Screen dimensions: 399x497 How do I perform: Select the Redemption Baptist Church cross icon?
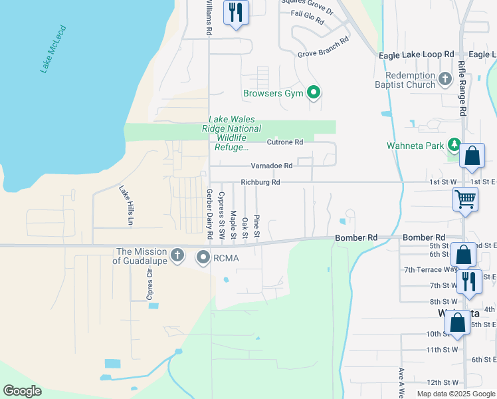pyautogui.click(x=445, y=79)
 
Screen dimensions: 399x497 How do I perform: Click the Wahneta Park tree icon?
pyautogui.click(x=454, y=145)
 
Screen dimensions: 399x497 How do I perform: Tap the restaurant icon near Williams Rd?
pyautogui.click(x=236, y=13)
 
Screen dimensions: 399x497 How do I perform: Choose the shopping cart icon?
pyautogui.click(x=465, y=198)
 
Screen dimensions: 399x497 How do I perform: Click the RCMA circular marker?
pyautogui.click(x=202, y=257)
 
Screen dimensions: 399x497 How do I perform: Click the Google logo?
pyautogui.click(x=22, y=391)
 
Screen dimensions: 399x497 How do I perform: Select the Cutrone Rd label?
pyautogui.click(x=285, y=142)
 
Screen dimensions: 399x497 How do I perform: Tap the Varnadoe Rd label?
pyautogui.click(x=272, y=166)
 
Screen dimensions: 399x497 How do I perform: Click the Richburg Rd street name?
pyautogui.click(x=260, y=182)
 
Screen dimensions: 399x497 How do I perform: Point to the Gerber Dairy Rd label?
pyautogui.click(x=209, y=214)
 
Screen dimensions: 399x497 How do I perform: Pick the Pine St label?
pyautogui.click(x=256, y=227)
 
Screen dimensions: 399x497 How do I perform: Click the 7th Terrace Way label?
pyautogui.click(x=431, y=269)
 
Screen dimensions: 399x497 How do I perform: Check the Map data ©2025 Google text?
pyautogui.click(x=455, y=394)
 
